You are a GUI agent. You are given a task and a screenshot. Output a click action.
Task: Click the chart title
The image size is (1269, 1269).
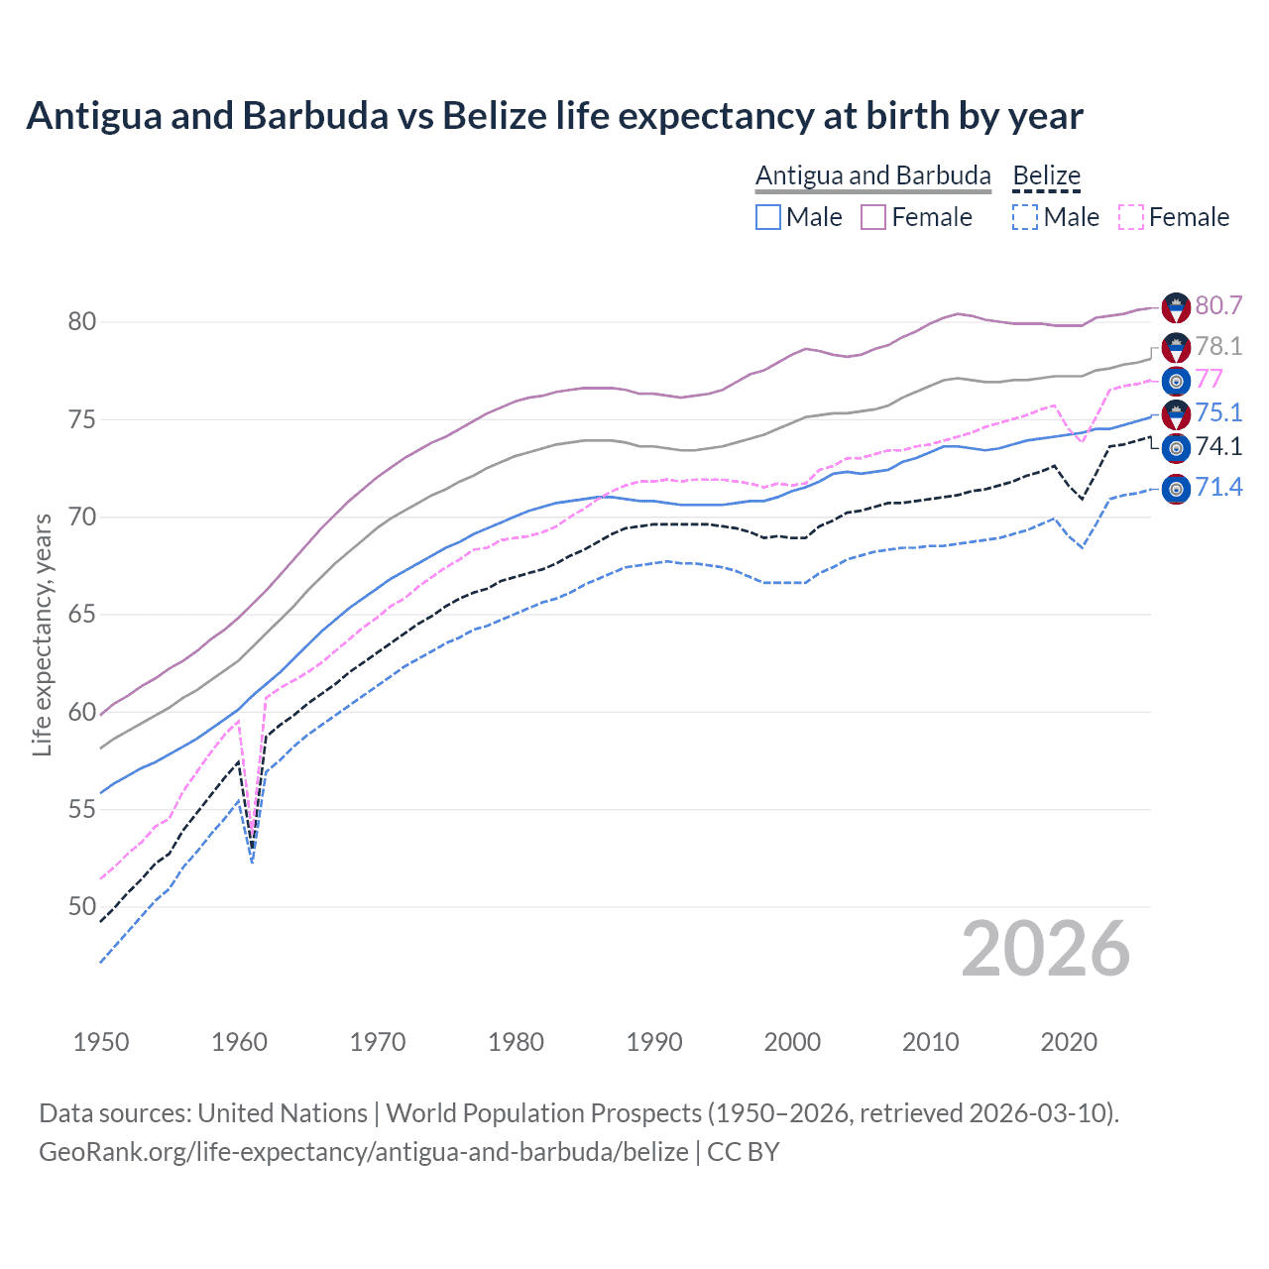tap(554, 116)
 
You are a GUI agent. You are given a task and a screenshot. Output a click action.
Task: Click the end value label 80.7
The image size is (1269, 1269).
tap(1218, 305)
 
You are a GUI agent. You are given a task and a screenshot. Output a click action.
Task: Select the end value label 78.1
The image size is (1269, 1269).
tap(1218, 346)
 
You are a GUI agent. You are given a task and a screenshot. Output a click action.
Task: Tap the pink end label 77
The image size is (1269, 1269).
tap(1209, 380)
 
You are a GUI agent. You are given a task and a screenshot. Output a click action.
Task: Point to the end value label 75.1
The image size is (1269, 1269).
tap(1218, 412)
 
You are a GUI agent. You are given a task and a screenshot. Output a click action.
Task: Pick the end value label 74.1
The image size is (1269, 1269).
tap(1218, 446)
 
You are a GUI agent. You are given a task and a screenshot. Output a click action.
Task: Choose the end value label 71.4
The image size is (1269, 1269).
tap(1218, 487)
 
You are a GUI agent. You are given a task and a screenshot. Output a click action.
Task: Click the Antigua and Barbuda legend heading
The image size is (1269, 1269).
tap(872, 175)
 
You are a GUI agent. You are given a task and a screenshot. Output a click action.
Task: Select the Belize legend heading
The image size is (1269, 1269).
tap(1046, 175)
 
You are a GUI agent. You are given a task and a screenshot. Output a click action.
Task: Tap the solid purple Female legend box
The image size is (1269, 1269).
tap(873, 217)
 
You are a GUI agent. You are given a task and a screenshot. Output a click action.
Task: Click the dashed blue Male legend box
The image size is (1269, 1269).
tap(1025, 217)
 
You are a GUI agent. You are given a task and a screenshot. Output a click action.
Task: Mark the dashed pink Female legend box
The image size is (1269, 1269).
tap(1131, 217)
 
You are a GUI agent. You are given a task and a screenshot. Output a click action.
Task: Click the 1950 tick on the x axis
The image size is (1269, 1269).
tap(101, 1042)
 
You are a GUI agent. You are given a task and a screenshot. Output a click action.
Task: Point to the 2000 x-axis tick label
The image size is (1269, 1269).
tap(792, 1042)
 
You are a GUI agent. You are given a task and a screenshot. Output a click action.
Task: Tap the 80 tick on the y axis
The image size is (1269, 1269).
tap(82, 321)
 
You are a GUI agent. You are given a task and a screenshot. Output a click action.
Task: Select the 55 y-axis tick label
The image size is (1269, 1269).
tap(82, 809)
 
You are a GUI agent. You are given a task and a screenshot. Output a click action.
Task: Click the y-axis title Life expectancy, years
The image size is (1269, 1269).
tap(42, 634)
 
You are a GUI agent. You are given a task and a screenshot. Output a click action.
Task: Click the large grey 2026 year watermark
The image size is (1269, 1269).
tap(1045, 949)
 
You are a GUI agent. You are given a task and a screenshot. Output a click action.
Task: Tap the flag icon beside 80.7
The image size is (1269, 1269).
tap(1176, 307)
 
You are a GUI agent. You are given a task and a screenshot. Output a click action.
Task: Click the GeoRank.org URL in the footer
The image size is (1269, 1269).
tap(363, 1152)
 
